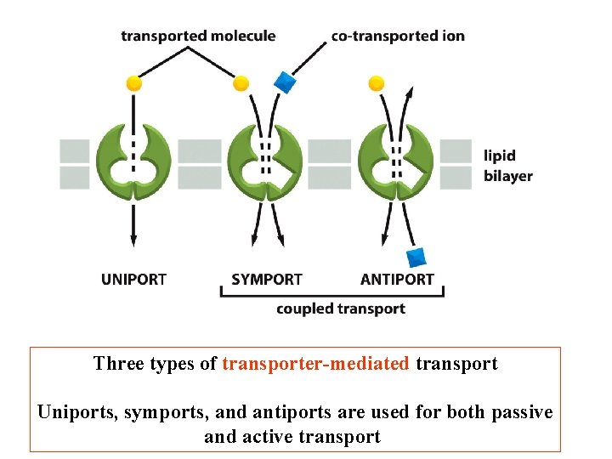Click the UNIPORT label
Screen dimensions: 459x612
(x=133, y=279)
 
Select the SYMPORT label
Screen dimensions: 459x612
(x=267, y=279)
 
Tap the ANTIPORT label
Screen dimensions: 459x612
(x=397, y=279)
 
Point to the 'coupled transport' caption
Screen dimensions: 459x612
(x=340, y=309)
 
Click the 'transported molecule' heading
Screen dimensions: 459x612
(x=198, y=36)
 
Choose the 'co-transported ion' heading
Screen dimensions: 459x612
(x=398, y=36)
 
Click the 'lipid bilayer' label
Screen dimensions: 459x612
(x=507, y=166)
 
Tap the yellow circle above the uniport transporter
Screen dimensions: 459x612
(x=133, y=83)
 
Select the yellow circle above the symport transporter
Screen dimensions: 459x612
(x=241, y=83)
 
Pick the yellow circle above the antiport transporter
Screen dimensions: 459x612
(x=377, y=83)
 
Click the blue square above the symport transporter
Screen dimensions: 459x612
(x=284, y=82)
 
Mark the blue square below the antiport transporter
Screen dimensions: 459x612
(x=416, y=256)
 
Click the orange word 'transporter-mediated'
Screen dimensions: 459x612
(x=315, y=364)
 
